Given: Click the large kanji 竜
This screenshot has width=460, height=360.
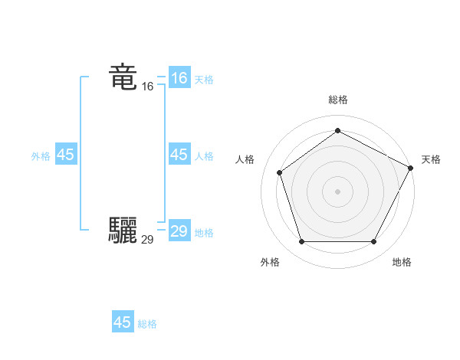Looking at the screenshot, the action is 123,77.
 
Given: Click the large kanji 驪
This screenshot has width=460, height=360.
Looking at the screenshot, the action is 123,230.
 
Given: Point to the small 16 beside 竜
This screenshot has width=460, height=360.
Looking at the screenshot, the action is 147,87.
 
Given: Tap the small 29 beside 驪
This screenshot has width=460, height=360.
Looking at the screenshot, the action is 147,240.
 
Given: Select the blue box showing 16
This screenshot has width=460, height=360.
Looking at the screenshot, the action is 179,78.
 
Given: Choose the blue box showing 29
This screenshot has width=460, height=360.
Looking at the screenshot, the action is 179,231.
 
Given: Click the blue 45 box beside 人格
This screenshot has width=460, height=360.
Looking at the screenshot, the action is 179,155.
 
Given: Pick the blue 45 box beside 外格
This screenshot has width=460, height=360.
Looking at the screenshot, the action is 66,155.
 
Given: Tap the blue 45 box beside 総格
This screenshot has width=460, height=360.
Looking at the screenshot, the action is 123,322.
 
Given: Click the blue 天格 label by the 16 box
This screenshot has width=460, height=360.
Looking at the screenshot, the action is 204,80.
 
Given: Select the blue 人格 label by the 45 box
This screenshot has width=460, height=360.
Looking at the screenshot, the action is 204,156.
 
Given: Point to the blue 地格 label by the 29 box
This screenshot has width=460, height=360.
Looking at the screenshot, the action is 204,233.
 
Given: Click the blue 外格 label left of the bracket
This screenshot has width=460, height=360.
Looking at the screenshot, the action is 41,156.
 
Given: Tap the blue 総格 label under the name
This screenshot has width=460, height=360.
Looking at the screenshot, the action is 147,324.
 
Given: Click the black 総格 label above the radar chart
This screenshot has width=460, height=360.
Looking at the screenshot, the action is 337,100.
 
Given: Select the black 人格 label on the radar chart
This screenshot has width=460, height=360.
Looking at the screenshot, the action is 245,159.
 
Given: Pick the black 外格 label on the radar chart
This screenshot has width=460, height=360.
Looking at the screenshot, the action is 270,262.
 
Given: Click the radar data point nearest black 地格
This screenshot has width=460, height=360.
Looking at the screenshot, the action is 374,242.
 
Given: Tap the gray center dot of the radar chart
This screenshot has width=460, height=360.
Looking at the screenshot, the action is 337,191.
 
